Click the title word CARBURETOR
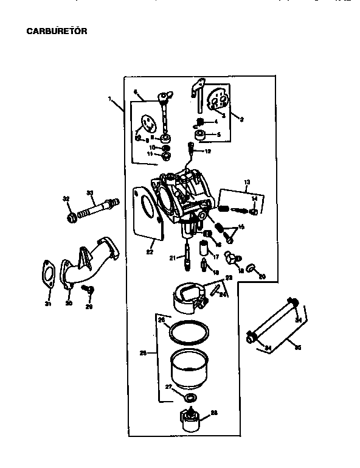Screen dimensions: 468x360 56,31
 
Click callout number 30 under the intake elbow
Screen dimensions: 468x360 69,302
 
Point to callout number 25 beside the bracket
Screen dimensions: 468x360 144,352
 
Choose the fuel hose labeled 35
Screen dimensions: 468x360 272,321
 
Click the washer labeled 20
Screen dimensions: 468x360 254,267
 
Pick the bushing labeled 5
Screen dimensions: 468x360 201,135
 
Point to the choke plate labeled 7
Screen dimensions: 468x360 144,124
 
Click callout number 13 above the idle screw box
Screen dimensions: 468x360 247,182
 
